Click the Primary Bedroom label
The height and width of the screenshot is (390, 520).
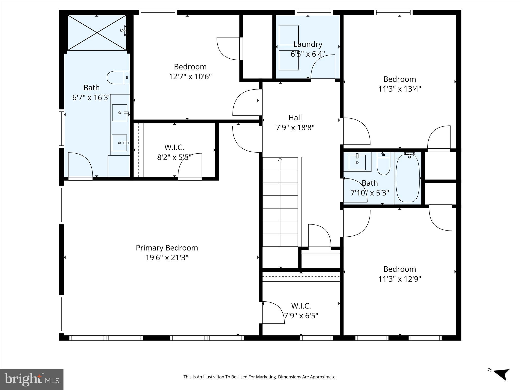167,248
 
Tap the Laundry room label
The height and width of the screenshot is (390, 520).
308,44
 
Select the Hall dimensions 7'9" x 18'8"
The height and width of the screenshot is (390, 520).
295,127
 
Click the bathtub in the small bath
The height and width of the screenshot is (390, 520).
408,178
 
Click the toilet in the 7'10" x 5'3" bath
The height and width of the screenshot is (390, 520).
383,165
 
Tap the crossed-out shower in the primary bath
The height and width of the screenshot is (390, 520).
97,33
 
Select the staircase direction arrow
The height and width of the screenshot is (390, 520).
280,159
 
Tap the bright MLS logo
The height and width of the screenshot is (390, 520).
32,380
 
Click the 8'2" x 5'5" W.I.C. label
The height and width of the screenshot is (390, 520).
174,147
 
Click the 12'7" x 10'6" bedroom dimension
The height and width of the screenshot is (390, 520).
190,76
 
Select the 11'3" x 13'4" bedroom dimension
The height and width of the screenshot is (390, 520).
400,89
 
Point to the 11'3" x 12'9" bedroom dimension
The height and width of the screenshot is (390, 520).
400,279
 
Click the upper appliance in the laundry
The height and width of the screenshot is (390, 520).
288,35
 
